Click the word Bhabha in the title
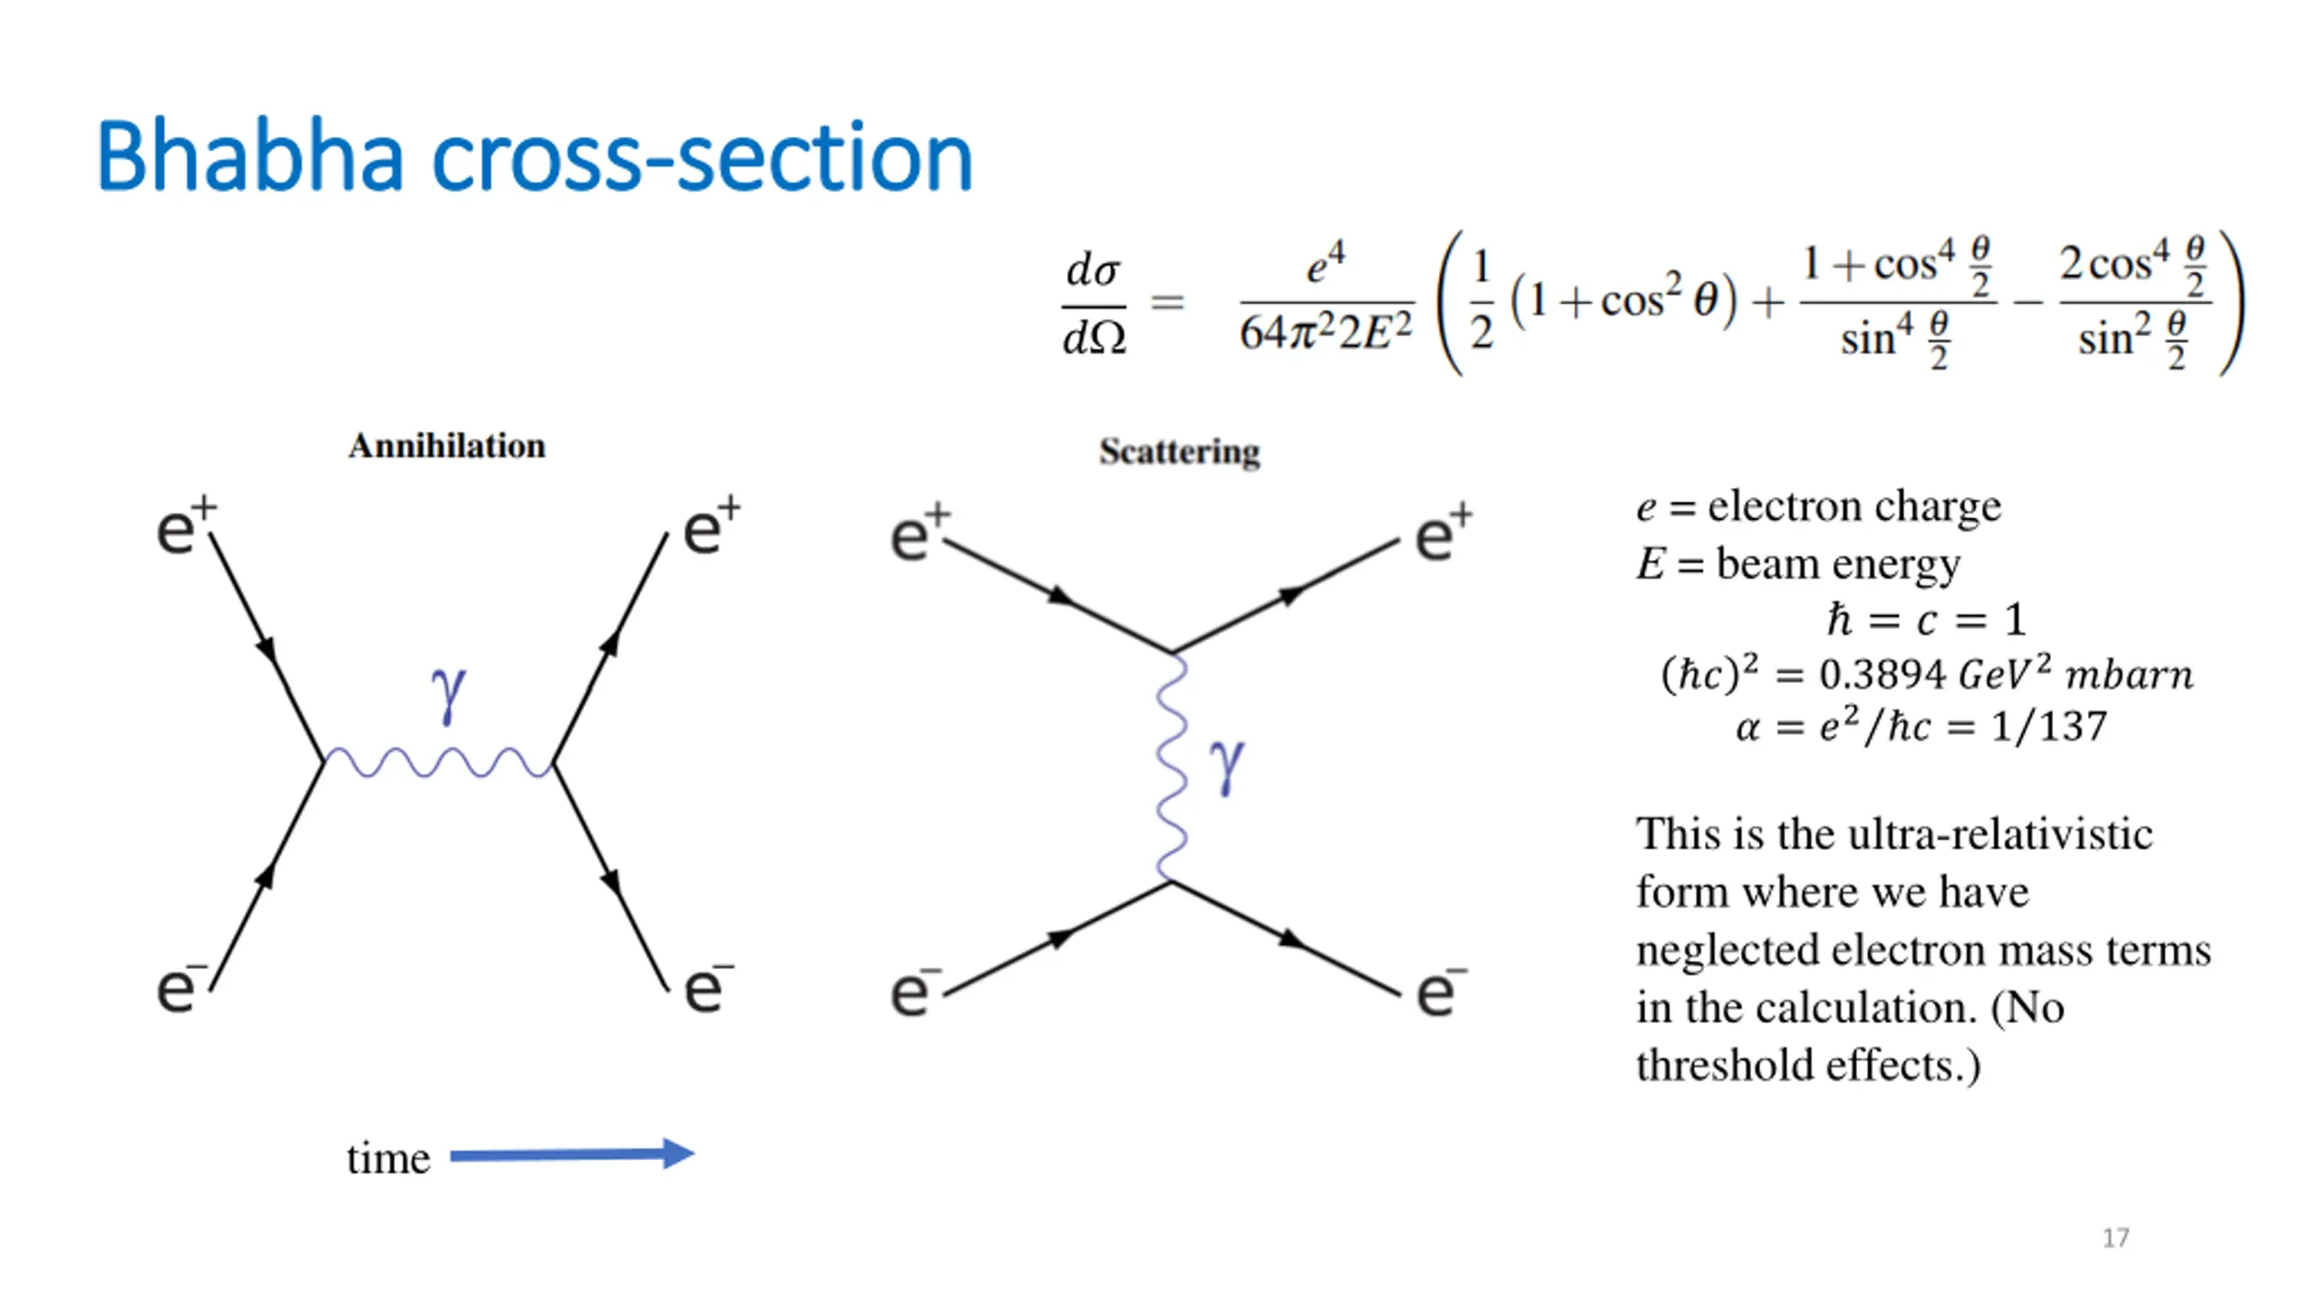pyautogui.click(x=249, y=157)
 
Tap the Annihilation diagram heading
pyautogui.click(x=447, y=446)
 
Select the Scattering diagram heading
pyautogui.click(x=1179, y=451)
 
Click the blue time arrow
pyautogui.click(x=571, y=1154)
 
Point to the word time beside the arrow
pyautogui.click(x=388, y=1158)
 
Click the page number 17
pyautogui.click(x=2115, y=1238)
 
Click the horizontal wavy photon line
pyautogui.click(x=439, y=763)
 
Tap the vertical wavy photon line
pyautogui.click(x=1171, y=766)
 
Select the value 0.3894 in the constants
pyautogui.click(x=1882, y=675)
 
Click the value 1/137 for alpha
pyautogui.click(x=2048, y=726)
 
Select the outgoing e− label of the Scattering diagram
pyautogui.click(x=1440, y=991)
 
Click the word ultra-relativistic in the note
pyautogui.click(x=2000, y=834)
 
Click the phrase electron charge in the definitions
pyautogui.click(x=1854, y=506)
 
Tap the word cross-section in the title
pyautogui.click(x=703, y=157)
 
